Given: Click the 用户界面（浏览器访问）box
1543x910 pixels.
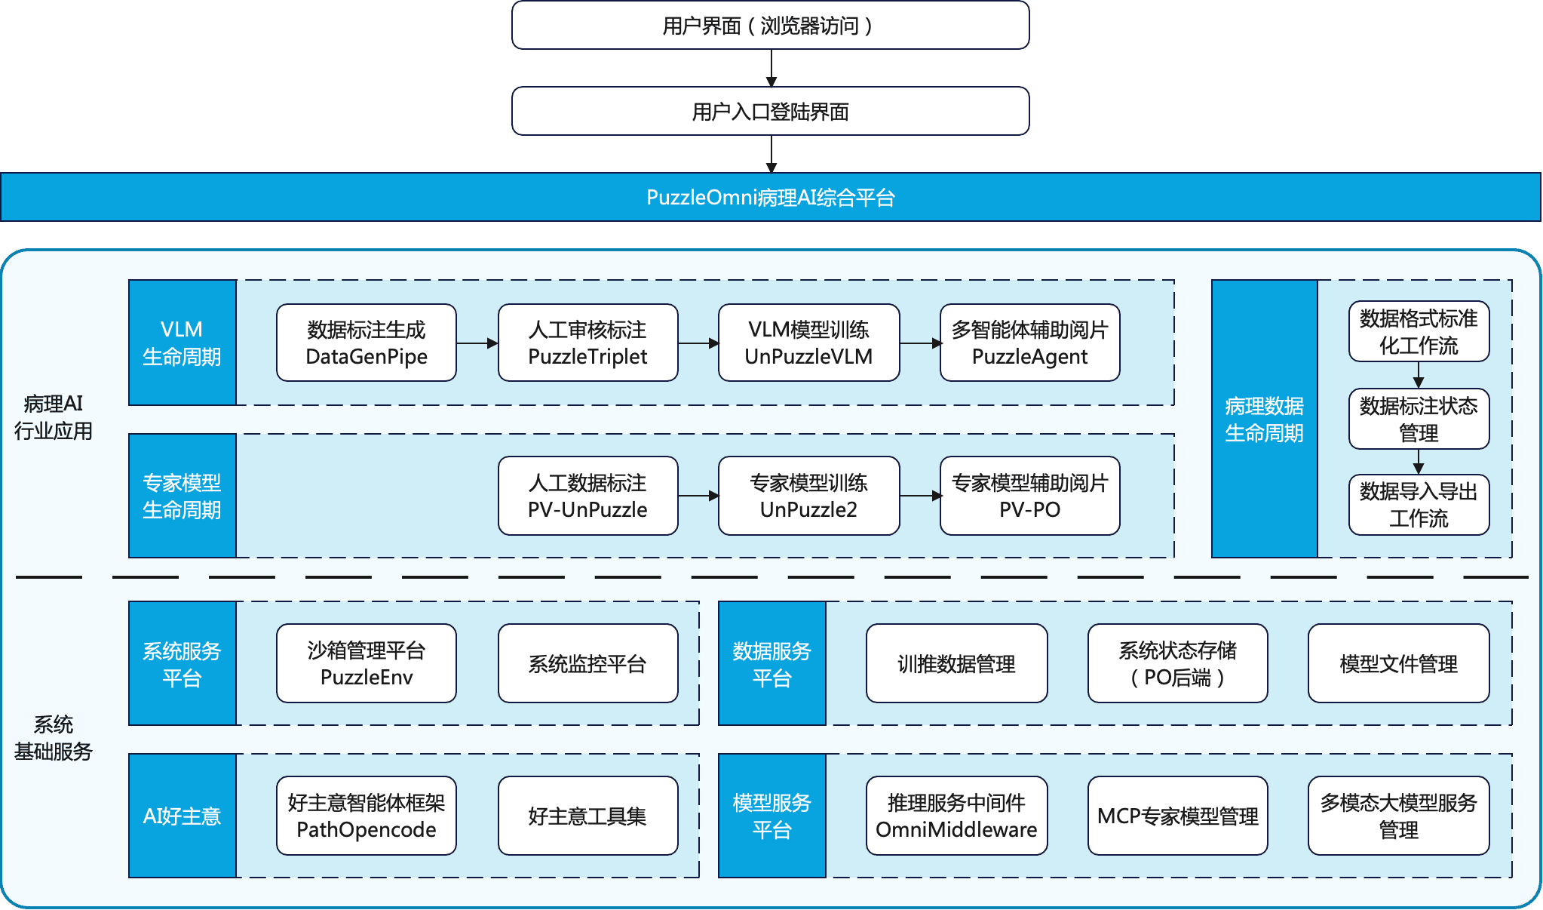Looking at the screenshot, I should [x=770, y=26].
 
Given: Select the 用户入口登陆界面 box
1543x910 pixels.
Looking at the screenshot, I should [x=770, y=112].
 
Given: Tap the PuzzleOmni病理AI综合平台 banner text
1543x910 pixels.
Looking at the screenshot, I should [x=770, y=198].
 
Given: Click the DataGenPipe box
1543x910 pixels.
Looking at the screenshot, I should [x=367, y=343].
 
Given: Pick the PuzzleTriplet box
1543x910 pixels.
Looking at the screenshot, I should [x=587, y=343].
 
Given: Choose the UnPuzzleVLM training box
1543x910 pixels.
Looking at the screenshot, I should [x=808, y=343].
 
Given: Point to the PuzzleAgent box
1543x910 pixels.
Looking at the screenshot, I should [x=1029, y=343].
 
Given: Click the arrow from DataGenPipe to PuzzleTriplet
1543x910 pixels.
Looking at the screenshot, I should [x=477, y=343].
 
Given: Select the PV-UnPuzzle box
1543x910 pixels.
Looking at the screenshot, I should [x=587, y=497].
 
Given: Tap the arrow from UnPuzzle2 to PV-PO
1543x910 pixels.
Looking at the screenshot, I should [x=920, y=497].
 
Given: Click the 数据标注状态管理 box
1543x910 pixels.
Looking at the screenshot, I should [x=1419, y=420].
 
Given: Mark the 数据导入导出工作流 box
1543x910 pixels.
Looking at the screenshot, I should [x=1419, y=505].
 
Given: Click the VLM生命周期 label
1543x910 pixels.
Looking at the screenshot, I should [x=182, y=343].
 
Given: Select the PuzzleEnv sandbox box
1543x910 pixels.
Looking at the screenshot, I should [x=367, y=664].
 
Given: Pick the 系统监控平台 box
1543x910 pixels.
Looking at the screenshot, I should [x=587, y=664].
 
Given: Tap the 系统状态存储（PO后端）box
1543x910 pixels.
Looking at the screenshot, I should [x=1177, y=664].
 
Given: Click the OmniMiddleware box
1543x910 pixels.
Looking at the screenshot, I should [x=956, y=816].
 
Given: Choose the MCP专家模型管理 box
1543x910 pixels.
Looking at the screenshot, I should [x=1177, y=816].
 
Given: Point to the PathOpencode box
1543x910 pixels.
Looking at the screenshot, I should [x=367, y=816].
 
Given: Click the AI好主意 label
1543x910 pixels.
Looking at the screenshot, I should [x=182, y=816].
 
